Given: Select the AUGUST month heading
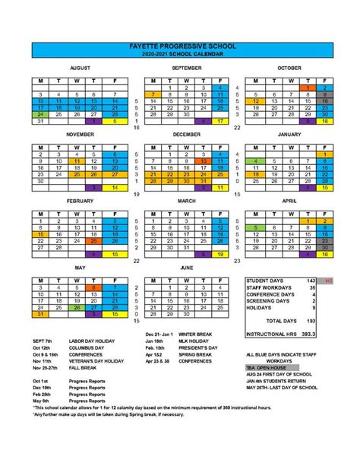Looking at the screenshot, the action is [x=80, y=68].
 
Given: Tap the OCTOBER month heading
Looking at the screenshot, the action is [x=289, y=68].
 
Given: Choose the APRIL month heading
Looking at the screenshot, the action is [x=289, y=201].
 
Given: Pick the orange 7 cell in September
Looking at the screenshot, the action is [x=153, y=94].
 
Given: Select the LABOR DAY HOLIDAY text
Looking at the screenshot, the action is [x=83, y=341].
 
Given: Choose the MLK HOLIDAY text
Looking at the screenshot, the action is [x=189, y=341].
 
